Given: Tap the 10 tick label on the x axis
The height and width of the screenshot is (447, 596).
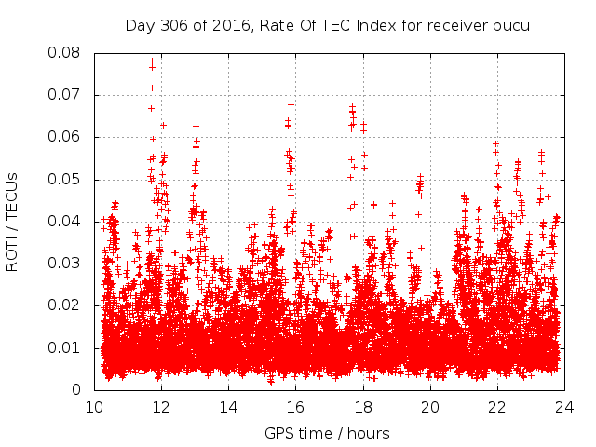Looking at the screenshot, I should click(95, 406).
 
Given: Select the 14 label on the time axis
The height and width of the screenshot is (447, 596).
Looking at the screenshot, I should click(229, 406).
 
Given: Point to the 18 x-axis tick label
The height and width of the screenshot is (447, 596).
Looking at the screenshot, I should click(363, 406).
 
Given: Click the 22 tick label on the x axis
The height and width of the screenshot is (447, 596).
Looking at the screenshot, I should click(497, 406).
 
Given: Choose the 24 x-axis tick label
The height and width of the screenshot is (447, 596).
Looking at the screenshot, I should click(564, 406).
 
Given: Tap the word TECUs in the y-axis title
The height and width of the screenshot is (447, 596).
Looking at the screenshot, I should click(12, 194).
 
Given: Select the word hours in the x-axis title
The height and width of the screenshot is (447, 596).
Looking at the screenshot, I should click(369, 433).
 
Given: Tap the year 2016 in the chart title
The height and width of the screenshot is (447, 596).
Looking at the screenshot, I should click(233, 25).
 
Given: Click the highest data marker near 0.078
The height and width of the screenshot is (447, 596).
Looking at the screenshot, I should click(152, 61).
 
